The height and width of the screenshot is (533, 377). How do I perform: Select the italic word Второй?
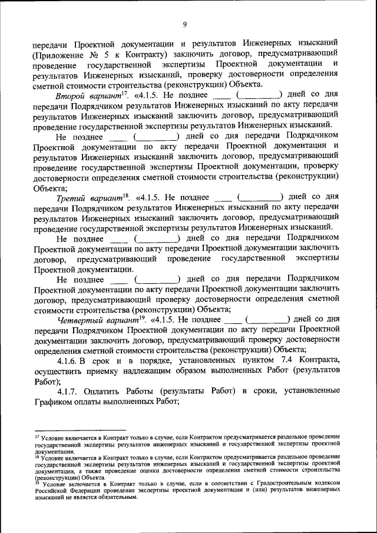point(71,95)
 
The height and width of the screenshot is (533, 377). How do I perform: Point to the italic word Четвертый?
point(81,320)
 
